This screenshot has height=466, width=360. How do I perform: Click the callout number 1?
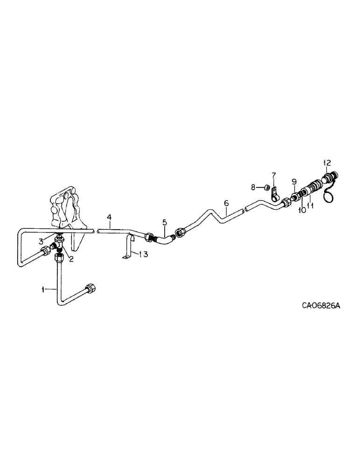point(42,289)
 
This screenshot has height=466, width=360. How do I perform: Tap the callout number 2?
point(71,259)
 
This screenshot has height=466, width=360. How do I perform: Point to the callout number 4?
point(109,217)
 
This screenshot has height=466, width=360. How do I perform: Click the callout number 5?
point(164,223)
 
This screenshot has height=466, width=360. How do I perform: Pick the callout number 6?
point(226,203)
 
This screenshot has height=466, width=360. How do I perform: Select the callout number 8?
point(253,187)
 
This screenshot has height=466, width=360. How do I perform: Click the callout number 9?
point(294,181)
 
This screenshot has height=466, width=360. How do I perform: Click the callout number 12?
point(327,163)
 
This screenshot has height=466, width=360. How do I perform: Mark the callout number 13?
point(143,254)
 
